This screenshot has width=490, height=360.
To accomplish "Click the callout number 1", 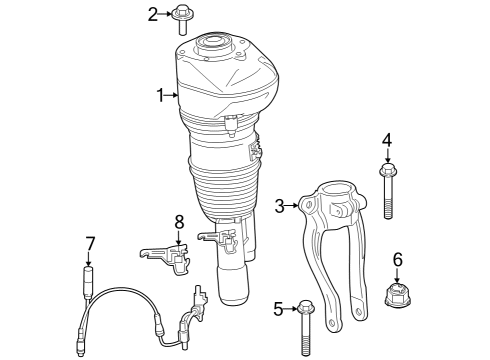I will [160, 95].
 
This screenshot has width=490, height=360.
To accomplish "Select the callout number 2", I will [153, 14].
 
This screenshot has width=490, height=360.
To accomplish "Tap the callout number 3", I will [281, 206].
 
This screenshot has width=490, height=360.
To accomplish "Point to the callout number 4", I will [387, 142].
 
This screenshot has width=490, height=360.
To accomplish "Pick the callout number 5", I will [279, 308].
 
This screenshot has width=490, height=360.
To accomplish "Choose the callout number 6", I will [397, 259].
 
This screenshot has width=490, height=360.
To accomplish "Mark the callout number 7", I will [90, 242].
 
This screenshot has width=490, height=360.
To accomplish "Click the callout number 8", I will [179, 221].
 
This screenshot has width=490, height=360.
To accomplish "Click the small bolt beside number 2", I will [184, 18].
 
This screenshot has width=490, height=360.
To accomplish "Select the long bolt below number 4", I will [388, 195].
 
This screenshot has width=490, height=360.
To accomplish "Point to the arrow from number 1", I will [173, 95].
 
